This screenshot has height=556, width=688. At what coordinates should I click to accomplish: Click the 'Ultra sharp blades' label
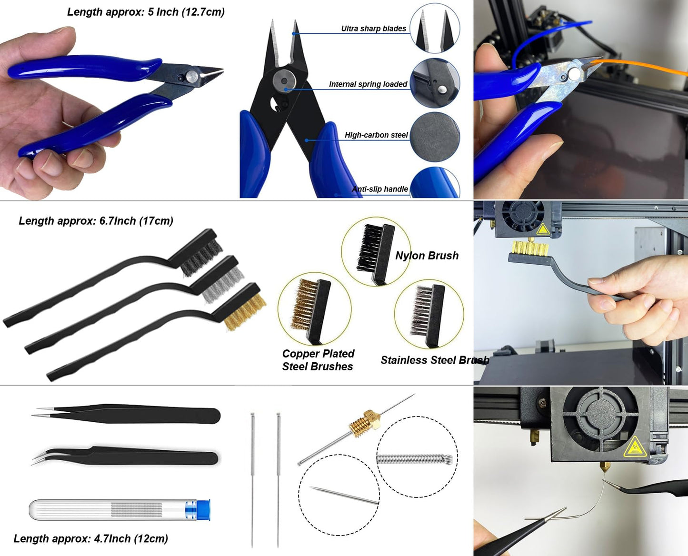point(373,29)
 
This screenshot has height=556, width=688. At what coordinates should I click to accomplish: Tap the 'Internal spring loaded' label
point(368,84)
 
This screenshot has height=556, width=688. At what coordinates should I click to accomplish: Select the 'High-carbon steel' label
point(376,135)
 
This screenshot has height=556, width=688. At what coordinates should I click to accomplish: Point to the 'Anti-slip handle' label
point(380,189)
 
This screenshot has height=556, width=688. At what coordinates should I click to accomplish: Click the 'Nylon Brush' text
point(427,256)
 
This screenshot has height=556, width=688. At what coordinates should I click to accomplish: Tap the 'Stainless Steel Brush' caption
point(434,360)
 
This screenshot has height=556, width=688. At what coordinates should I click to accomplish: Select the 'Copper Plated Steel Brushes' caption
point(318,360)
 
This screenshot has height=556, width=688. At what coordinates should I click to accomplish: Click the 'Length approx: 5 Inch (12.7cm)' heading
point(146,12)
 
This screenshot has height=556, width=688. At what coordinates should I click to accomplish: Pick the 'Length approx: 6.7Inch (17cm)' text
point(96,221)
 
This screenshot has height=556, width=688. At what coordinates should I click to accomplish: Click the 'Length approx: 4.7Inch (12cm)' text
point(90,538)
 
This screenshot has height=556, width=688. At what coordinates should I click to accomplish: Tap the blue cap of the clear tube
point(203,510)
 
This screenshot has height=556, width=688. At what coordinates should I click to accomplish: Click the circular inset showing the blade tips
point(434,29)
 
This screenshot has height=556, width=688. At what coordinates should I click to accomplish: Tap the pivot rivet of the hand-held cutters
point(192,75)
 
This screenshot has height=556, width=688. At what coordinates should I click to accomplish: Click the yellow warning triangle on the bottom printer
point(634,447)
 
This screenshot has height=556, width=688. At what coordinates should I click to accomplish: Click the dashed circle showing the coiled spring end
point(417,457)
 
